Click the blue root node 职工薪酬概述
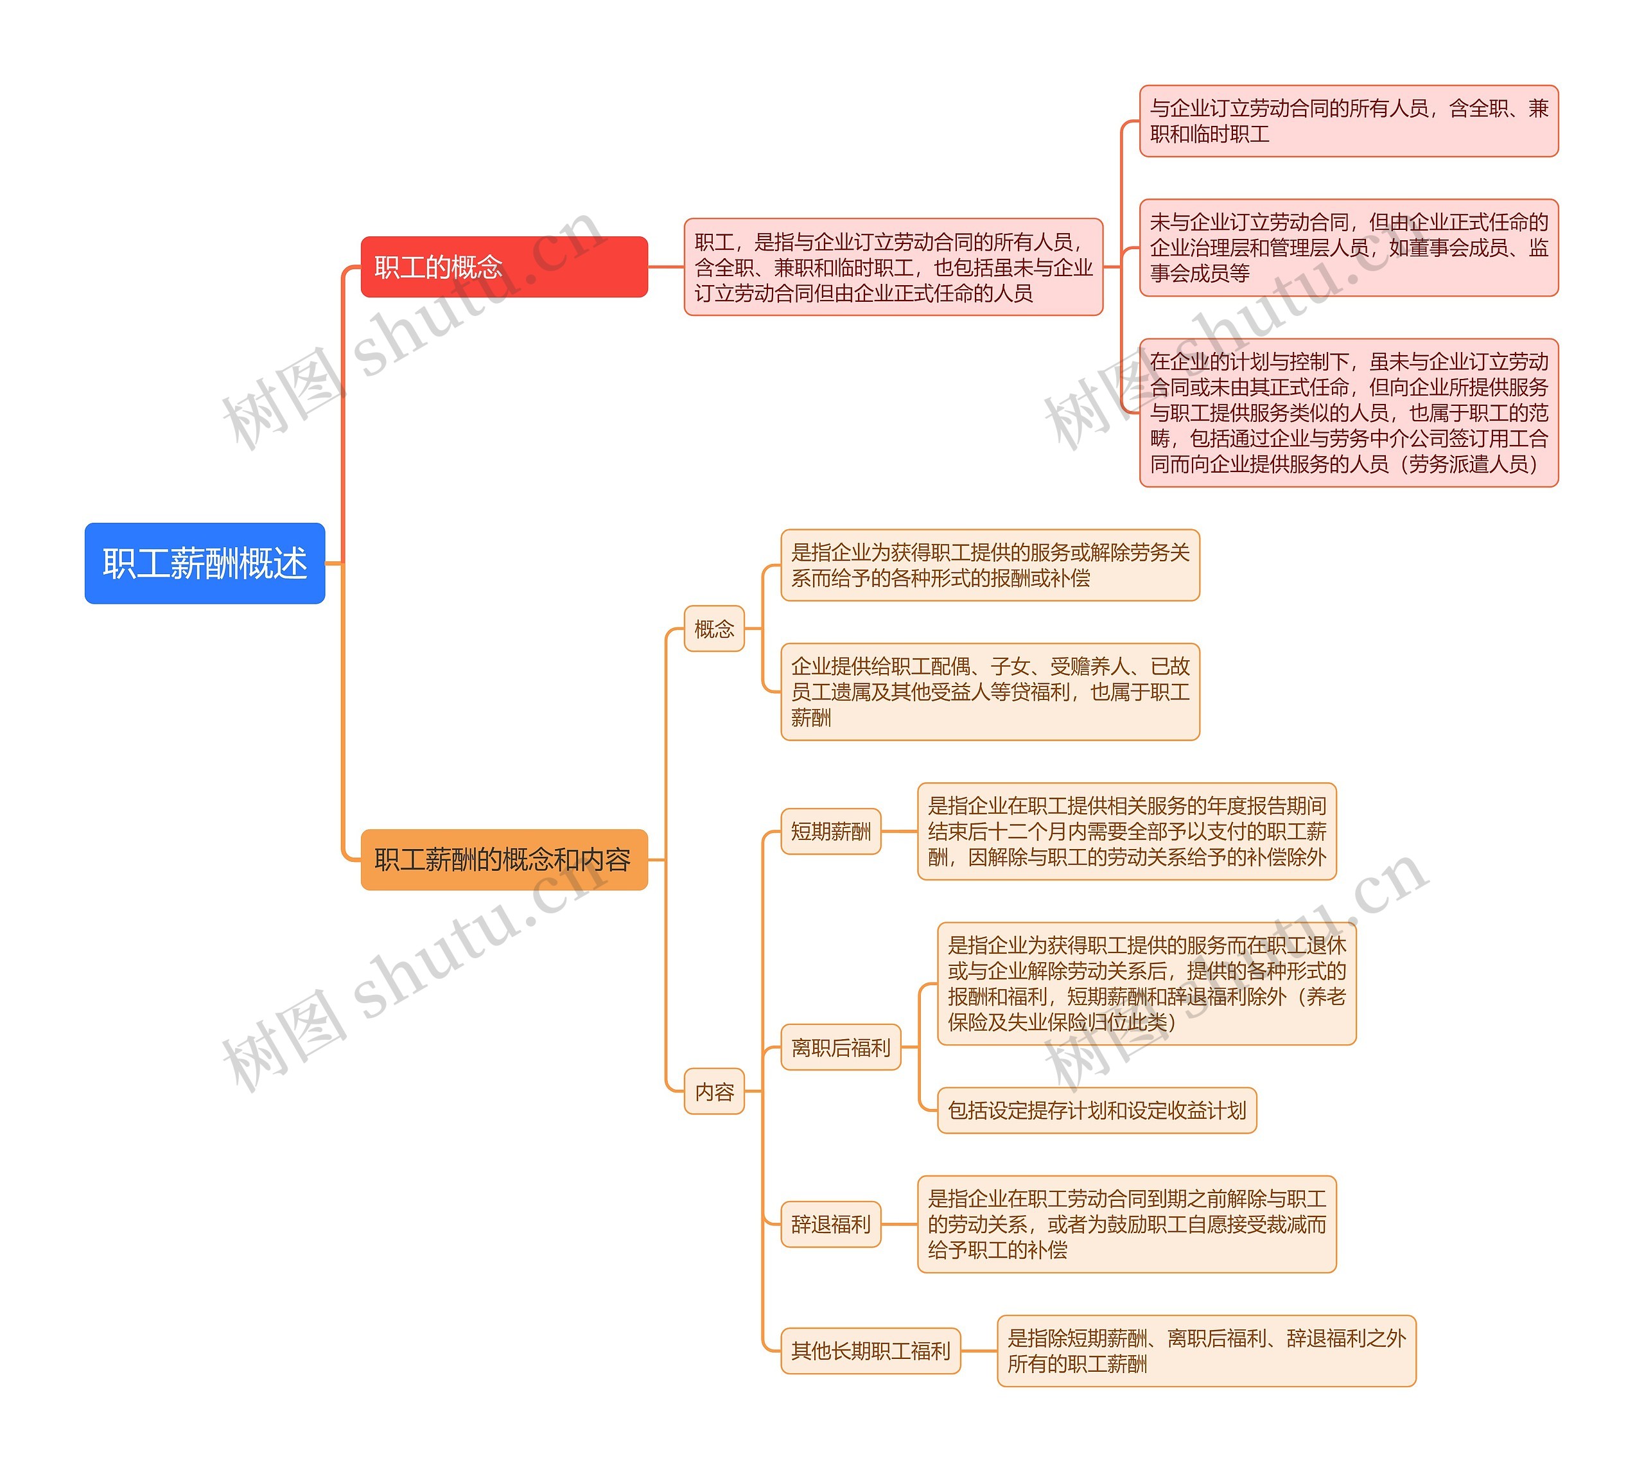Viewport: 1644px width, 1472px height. (205, 563)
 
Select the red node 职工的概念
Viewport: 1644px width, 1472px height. (503, 267)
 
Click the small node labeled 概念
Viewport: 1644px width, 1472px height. (713, 629)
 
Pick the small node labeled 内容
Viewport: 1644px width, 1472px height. (713, 1092)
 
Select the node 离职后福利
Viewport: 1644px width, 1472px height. (840, 1047)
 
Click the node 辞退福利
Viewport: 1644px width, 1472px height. (830, 1225)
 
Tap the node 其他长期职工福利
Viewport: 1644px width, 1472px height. (870, 1351)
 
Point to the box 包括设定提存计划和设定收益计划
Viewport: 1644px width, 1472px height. (1097, 1110)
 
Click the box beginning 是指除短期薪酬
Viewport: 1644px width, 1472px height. (1206, 1351)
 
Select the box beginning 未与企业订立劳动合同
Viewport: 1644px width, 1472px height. (1348, 247)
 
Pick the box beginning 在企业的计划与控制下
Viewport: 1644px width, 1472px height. (1348, 412)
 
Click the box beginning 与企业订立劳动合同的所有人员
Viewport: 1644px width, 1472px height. (1348, 121)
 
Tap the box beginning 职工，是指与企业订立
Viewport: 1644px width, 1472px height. (893, 267)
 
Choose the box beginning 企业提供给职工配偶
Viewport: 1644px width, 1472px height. (990, 692)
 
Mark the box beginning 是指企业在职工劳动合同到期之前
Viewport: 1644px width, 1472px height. (1126, 1225)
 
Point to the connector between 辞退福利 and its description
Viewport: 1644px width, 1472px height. (899, 1225)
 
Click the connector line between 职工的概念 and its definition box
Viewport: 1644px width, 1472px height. (665, 267)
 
